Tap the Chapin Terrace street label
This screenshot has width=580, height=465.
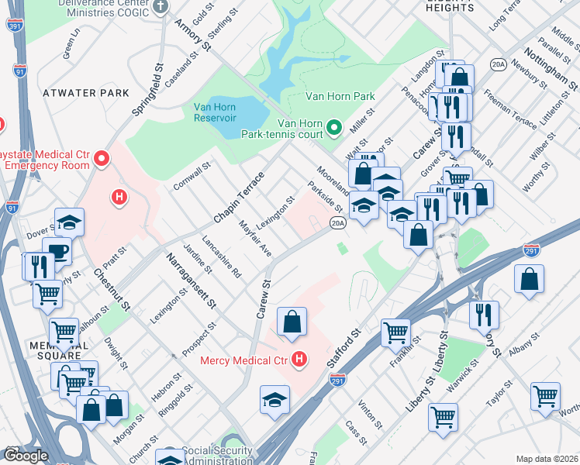pyautogui.click(x=239, y=198)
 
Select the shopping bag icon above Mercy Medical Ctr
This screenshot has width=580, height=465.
pyautogui.click(x=292, y=322)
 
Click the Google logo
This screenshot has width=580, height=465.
pyautogui.click(x=26, y=455)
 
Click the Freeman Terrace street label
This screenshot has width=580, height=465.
pyautogui.click(x=509, y=111)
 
